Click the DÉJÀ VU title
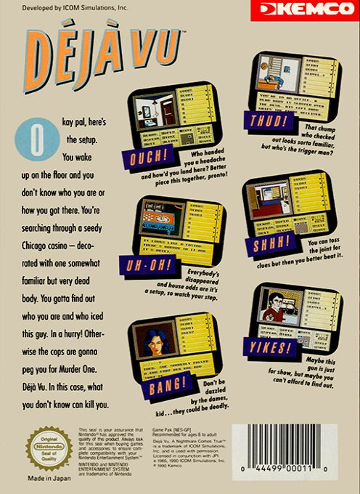coord(102,62)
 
